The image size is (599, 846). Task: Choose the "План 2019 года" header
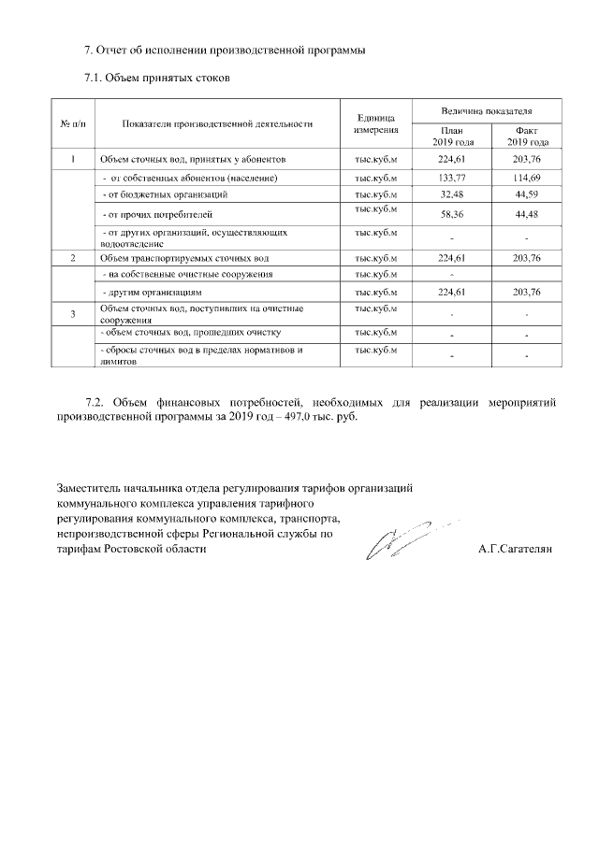coord(452,136)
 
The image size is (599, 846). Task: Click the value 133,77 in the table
coord(452,178)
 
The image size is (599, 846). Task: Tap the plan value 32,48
coord(452,195)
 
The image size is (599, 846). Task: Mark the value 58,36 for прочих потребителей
coord(452,215)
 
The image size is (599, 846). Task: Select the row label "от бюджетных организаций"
coord(166,194)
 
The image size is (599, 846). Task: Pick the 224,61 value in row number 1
coord(452,159)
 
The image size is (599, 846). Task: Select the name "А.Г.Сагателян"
coord(515,550)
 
